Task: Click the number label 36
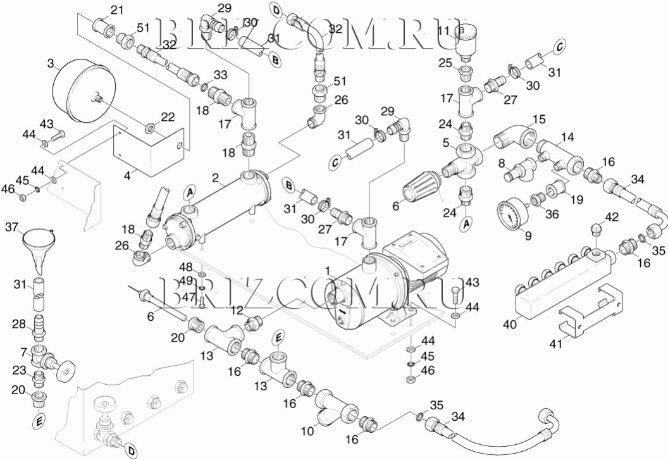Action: click(552, 214)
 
